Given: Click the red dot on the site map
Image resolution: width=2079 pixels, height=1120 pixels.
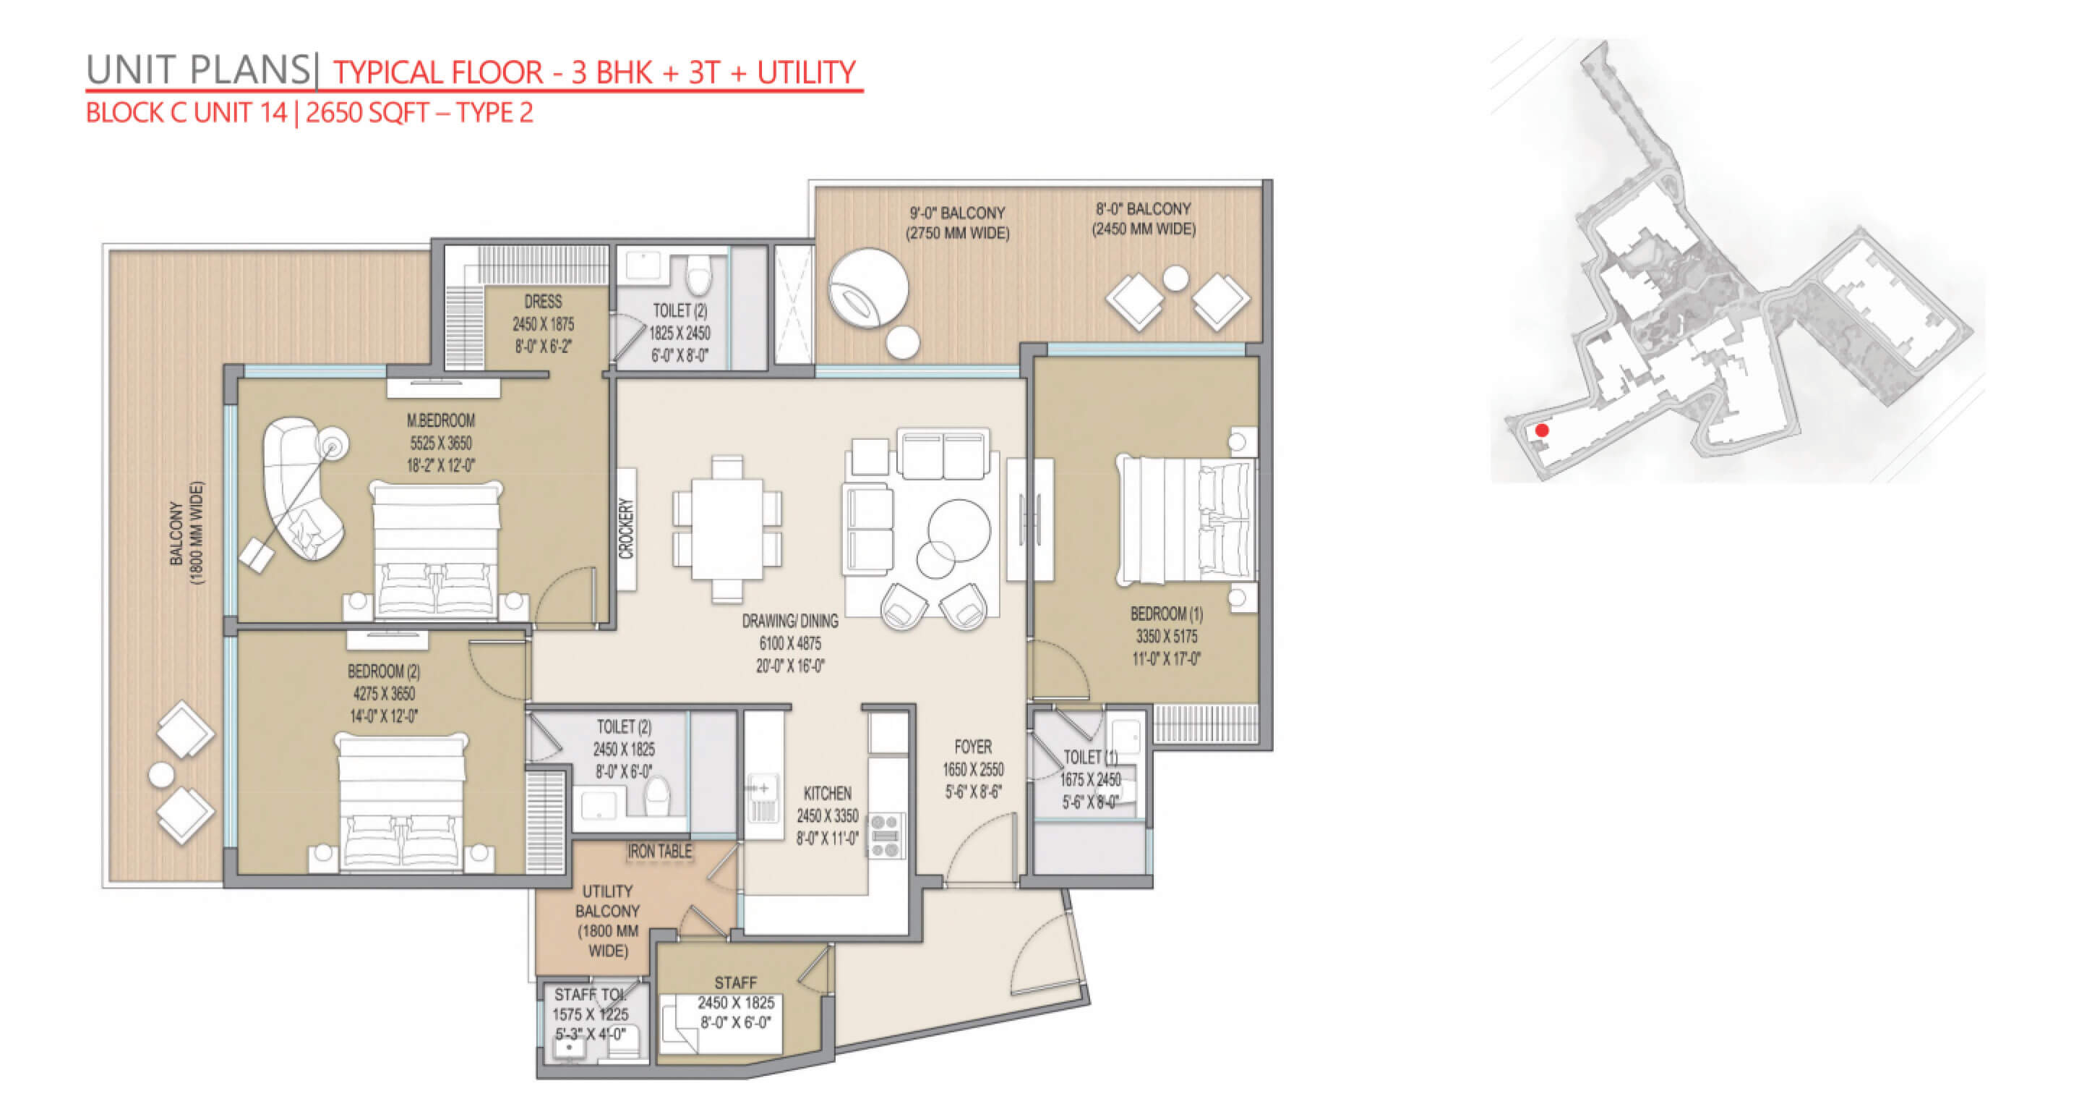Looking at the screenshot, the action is (1541, 430).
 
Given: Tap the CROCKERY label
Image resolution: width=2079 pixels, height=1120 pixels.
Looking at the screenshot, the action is (626, 529).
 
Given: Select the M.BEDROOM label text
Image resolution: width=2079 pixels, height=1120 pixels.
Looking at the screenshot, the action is (441, 420).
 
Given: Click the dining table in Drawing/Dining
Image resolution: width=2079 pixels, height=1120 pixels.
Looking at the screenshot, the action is (727, 529).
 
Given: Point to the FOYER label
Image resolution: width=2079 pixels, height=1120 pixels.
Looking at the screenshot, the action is (972, 747).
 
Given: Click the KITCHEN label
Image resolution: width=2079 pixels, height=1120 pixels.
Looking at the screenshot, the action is (827, 794).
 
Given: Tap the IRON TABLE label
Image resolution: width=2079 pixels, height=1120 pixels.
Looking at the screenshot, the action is (660, 851).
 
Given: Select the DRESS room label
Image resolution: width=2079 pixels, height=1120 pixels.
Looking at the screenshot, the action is (543, 302).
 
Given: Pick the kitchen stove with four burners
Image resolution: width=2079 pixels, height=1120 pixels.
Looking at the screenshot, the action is (886, 836).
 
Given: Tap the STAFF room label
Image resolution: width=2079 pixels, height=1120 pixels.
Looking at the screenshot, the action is (735, 983).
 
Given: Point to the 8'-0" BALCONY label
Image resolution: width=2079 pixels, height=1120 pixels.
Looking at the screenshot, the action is (1143, 209).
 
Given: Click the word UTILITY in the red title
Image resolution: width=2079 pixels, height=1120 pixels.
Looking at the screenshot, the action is (805, 72).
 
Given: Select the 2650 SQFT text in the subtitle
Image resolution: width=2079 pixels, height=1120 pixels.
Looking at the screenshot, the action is (367, 112).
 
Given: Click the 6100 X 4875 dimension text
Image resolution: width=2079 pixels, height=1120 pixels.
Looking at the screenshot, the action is (790, 644).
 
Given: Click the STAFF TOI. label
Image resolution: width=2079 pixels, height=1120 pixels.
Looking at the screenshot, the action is (589, 995).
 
